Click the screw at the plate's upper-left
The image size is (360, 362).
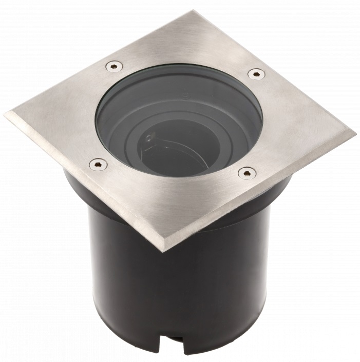tap(114, 66)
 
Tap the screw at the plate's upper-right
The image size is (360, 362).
tap(256, 74)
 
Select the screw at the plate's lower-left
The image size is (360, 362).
tap(98, 164)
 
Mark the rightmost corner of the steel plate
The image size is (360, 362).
tap(354, 136)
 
